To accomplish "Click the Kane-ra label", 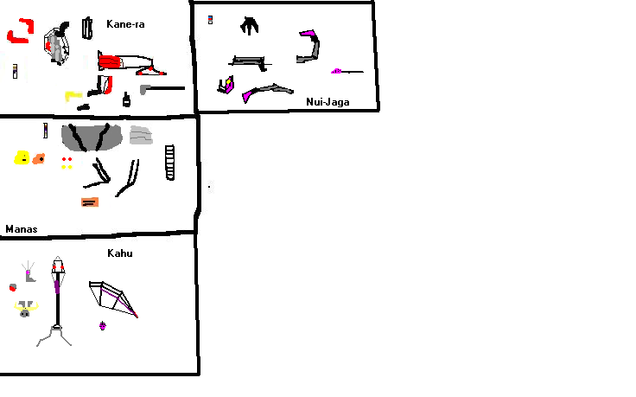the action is pyautogui.click(x=125, y=24).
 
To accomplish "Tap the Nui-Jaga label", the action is pyautogui.click(x=328, y=102).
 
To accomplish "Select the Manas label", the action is pyautogui.click(x=22, y=229).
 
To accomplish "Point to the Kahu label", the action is pyautogui.click(x=120, y=253).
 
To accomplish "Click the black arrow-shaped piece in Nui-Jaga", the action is pyautogui.click(x=249, y=26).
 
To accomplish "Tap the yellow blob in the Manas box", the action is pyautogui.click(x=22, y=157).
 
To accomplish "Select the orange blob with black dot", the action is pyautogui.click(x=39, y=159).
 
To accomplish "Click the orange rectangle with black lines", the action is pyautogui.click(x=90, y=202).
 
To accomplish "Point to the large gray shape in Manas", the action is pyautogui.click(x=92, y=138).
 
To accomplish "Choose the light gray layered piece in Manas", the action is pyautogui.click(x=141, y=135).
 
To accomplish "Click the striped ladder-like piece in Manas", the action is pyautogui.click(x=170, y=163).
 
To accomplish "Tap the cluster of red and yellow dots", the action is pyautogui.click(x=67, y=163).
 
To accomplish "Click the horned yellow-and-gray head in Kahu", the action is pyautogui.click(x=25, y=309).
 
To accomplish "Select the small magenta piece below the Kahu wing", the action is pyautogui.click(x=103, y=325).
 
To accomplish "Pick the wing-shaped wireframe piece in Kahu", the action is pyautogui.click(x=113, y=298).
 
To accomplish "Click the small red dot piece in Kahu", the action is pyautogui.click(x=13, y=287).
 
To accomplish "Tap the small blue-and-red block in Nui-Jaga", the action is pyautogui.click(x=210, y=20).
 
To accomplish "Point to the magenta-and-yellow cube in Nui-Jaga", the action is pyautogui.click(x=226, y=86).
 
